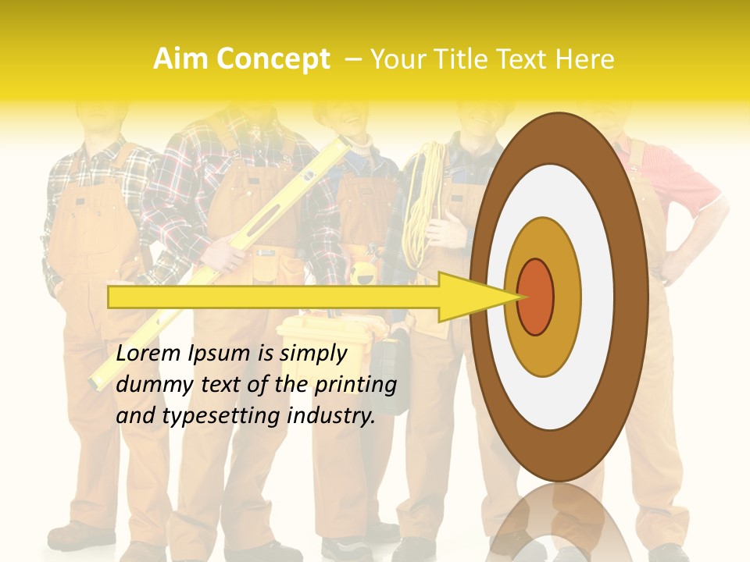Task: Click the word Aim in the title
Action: click(x=180, y=59)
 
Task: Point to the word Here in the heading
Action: click(x=585, y=59)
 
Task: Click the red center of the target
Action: click(x=535, y=297)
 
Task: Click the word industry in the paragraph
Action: click(x=331, y=416)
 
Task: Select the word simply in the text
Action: click(x=312, y=354)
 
